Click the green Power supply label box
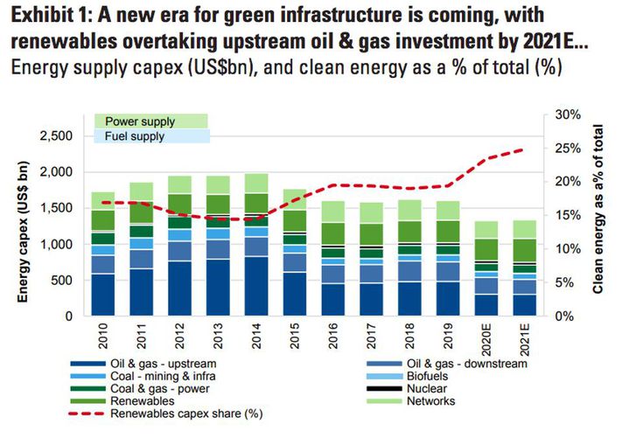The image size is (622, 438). click(x=150, y=122)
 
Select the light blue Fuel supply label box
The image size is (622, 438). click(x=150, y=136)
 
